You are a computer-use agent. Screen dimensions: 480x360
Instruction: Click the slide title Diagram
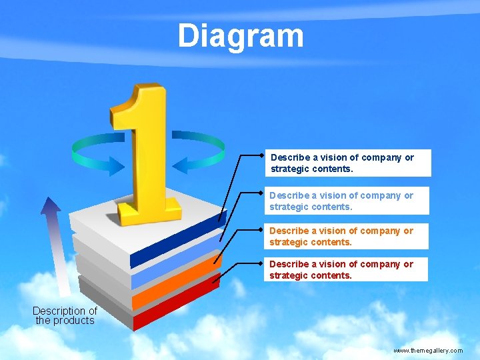pyautogui.click(x=240, y=36)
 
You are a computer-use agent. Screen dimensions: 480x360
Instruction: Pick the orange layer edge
pyautogui.click(x=177, y=284)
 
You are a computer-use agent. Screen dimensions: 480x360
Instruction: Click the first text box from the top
pyautogui.click(x=347, y=163)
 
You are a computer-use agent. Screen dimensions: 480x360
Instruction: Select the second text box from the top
pyautogui.click(x=345, y=201)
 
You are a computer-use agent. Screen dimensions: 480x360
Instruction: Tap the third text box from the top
pyautogui.click(x=345, y=236)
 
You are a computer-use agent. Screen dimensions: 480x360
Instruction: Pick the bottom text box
pyautogui.click(x=345, y=269)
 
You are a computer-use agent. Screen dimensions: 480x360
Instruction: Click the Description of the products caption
pyautogui.click(x=65, y=315)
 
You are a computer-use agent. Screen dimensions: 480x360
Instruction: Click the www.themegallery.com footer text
pyautogui.click(x=427, y=350)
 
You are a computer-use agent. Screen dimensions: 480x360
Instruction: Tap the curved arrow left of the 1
pyautogui.click(x=97, y=151)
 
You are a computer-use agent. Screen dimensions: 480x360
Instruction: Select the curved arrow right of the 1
pyautogui.click(x=199, y=149)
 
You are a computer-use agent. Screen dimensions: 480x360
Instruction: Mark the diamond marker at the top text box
pyautogui.click(x=263, y=155)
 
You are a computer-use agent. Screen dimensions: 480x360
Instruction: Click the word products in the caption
pyautogui.click(x=74, y=321)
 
